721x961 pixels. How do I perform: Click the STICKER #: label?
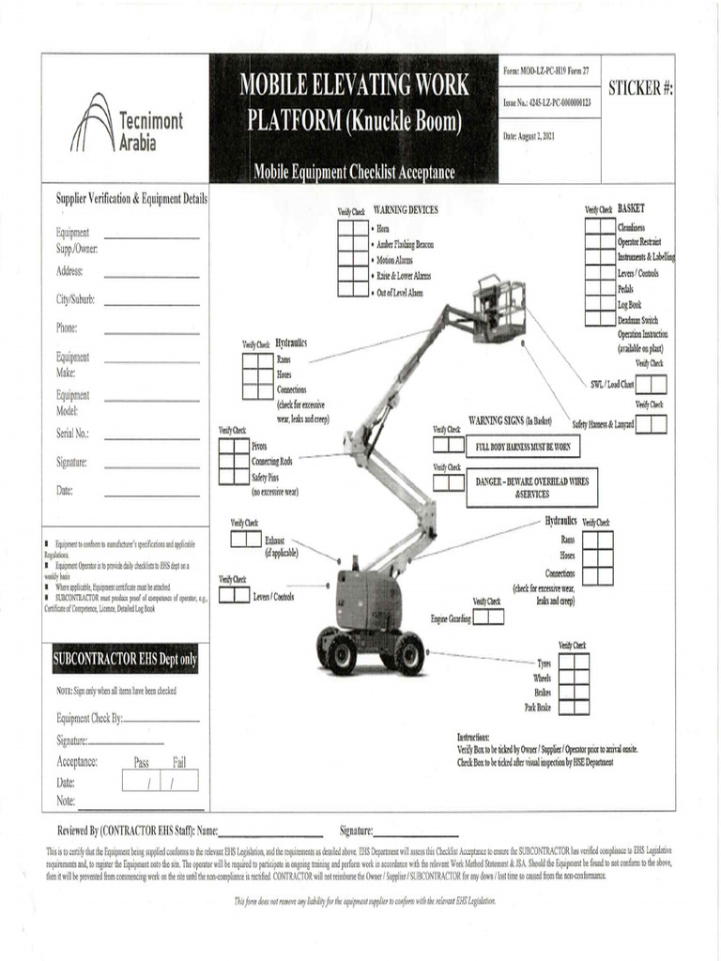point(640,88)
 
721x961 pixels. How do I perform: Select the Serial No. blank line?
point(151,438)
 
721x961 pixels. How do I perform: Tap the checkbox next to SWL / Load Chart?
point(651,384)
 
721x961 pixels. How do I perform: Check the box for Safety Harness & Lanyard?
point(651,424)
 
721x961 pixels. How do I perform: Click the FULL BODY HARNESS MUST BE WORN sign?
point(523,447)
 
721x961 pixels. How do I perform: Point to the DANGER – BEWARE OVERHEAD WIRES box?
point(531,487)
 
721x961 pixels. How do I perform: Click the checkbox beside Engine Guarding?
point(488,617)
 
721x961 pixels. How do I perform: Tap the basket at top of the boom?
point(499,309)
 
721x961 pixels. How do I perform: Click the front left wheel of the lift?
point(342,653)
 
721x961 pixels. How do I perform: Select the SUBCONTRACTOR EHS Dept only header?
point(125,659)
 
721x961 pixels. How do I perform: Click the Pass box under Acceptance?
point(142,781)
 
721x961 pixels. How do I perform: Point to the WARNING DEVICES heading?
point(406,210)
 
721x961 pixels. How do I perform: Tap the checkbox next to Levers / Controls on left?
point(235,595)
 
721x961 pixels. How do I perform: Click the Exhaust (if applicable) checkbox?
point(246,539)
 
